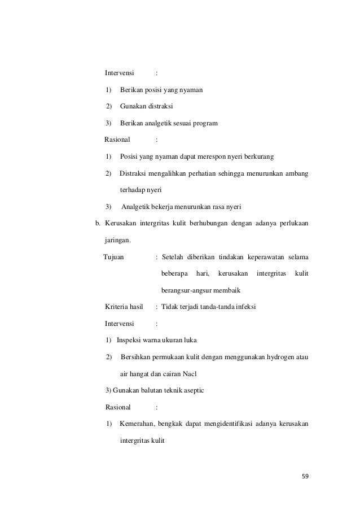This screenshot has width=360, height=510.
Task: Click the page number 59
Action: tap(305, 476)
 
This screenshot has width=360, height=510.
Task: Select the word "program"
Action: tap(204, 123)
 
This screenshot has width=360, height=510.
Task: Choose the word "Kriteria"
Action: tap(117, 307)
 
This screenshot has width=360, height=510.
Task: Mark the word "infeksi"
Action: tap(245, 307)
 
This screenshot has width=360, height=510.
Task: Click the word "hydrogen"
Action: tap(273, 358)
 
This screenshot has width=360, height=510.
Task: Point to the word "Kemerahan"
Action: tap(139, 424)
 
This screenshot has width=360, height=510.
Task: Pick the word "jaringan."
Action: tap(118, 240)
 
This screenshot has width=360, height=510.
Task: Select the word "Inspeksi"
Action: tap(130, 341)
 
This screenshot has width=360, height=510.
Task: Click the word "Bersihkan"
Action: tap(137, 358)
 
